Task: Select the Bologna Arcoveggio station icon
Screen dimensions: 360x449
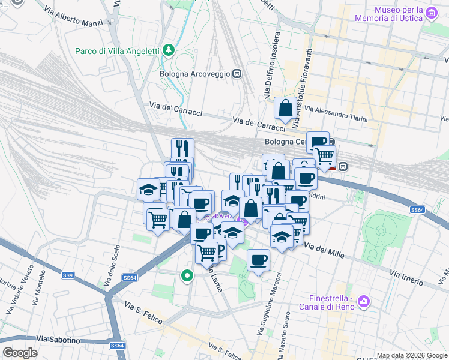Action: pos(237,74)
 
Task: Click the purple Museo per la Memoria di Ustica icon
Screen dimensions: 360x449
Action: pos(430,12)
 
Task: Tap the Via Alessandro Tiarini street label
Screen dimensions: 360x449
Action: pos(336,114)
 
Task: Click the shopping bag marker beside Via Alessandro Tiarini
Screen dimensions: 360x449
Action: pos(285,109)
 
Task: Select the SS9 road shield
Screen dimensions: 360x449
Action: pos(68,275)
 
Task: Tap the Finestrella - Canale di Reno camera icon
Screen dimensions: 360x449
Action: pos(363,301)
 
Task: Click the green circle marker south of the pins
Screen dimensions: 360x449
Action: pos(187,276)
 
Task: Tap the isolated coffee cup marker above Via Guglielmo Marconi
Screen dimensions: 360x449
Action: pos(258,260)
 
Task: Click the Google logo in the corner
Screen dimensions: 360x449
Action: pos(20,353)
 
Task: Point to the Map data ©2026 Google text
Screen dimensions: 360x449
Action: pos(411,355)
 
